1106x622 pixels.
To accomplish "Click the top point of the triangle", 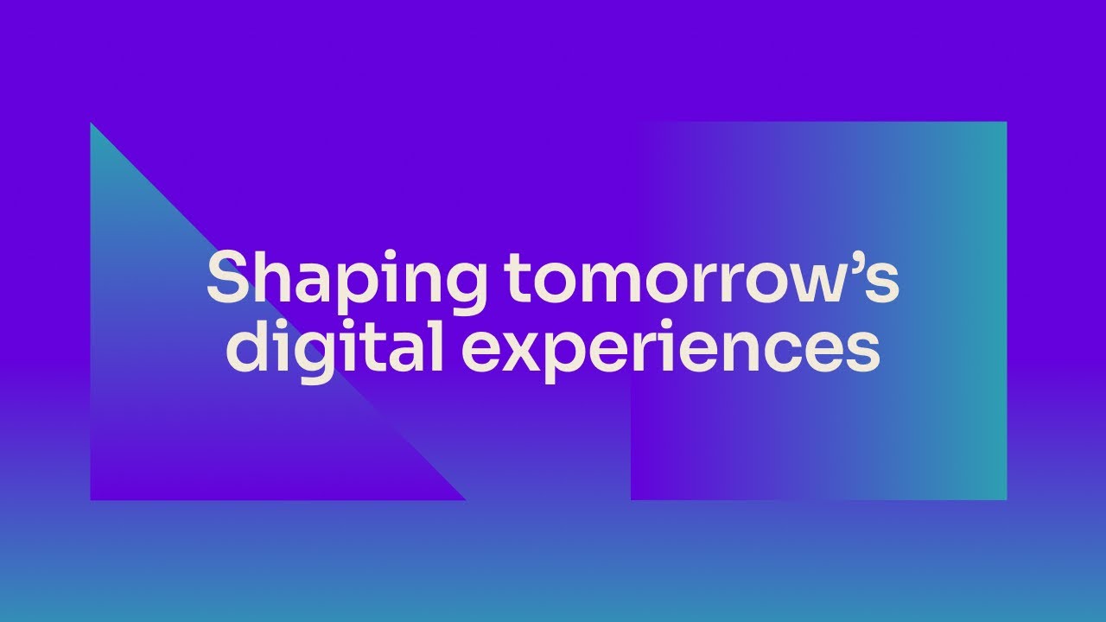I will click(92, 124).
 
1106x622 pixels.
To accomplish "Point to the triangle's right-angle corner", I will click(92, 498).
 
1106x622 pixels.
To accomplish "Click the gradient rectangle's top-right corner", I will click(1006, 123).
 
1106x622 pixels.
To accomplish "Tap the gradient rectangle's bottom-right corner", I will click(1006, 498).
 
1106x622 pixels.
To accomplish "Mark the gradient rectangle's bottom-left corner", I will click(632, 498).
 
